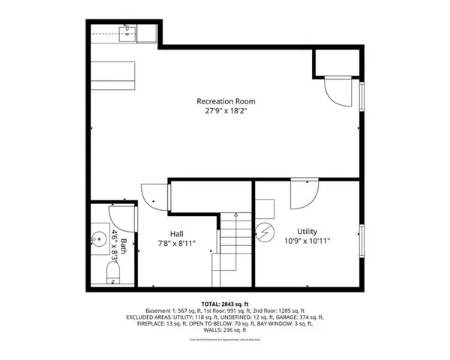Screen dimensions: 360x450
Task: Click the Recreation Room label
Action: pos(226,100)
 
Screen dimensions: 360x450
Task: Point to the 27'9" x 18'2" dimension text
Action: pos(226,110)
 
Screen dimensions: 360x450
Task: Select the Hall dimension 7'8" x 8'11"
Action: pos(177,242)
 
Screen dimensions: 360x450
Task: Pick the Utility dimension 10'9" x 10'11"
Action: pos(307,241)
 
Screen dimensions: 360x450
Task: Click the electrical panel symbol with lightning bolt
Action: pos(266,233)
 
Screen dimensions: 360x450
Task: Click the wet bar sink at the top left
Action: pos(128,31)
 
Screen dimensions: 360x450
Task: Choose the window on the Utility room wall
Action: pos(363,241)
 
